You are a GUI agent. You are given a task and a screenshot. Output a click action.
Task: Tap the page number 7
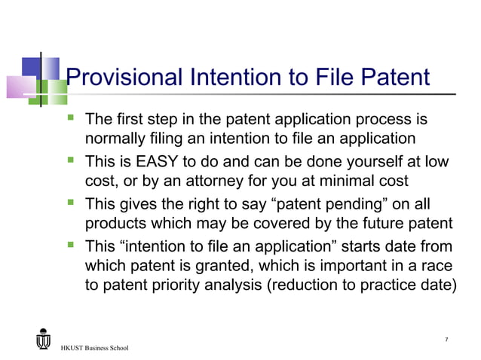pos(447,340)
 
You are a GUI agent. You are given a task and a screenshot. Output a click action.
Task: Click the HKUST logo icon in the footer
pos(43,340)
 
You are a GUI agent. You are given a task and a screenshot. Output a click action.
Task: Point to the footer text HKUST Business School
pos(94,348)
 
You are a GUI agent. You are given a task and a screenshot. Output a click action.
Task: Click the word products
pos(117,224)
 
